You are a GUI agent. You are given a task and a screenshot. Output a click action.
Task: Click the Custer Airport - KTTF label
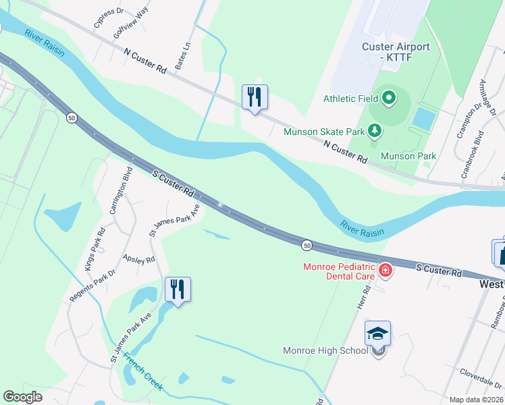point(396,52)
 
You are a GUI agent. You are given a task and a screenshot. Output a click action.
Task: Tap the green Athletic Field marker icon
point(389,99)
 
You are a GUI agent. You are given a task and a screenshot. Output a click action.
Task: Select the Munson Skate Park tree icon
point(376,131)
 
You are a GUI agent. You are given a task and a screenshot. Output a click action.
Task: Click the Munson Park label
point(408,156)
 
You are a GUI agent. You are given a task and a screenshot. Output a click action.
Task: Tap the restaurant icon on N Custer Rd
point(255,97)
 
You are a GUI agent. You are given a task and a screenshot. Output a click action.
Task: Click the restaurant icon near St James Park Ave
point(178,290)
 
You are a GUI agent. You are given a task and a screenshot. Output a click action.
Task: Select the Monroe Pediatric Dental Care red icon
point(385,271)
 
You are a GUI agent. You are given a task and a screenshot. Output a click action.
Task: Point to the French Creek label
point(142,371)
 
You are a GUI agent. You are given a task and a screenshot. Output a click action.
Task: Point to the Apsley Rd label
point(140,259)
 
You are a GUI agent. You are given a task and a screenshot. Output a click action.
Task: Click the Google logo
point(24,397)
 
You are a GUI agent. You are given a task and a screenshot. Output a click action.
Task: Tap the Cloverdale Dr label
point(481,372)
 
